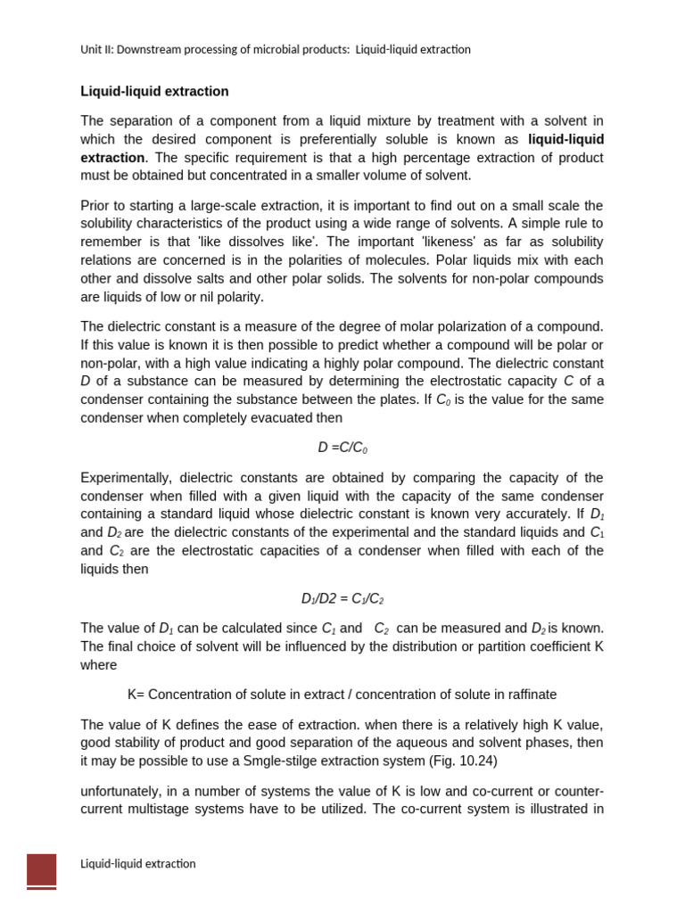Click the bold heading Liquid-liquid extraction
(154, 92)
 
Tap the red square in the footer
(41, 869)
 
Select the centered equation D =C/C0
(342, 448)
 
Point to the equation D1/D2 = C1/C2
(342, 599)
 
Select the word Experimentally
(126, 478)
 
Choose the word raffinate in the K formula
(527, 695)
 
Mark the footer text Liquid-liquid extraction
(138, 864)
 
